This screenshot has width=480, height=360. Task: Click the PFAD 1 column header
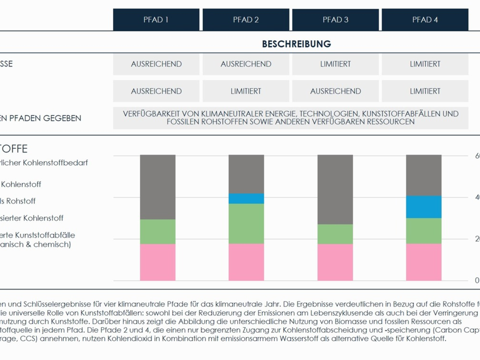tap(156, 20)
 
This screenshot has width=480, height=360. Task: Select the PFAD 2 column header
tap(246, 20)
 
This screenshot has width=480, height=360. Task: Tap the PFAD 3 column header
tap(335, 20)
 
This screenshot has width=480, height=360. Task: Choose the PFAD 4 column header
tap(425, 20)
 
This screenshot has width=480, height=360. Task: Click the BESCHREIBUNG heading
tap(296, 44)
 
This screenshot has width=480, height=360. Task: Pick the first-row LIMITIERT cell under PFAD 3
tap(335, 64)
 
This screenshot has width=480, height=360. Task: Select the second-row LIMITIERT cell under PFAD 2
tap(246, 91)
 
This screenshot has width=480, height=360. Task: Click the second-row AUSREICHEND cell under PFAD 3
tap(335, 91)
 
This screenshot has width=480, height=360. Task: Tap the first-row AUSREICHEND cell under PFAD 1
tap(156, 64)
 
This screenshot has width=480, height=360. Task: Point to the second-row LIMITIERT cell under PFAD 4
tap(425, 91)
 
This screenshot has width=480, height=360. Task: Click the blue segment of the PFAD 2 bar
tap(246, 198)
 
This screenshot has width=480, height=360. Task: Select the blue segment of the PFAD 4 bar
tap(424, 207)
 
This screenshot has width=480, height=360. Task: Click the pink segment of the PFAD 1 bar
tap(158, 262)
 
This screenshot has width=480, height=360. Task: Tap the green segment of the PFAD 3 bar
tap(335, 234)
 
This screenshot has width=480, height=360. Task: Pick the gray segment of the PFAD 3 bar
tap(335, 189)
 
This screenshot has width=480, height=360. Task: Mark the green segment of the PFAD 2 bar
tap(246, 224)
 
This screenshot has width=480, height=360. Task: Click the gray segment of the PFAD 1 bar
tap(158, 187)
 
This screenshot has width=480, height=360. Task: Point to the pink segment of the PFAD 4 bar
tap(424, 262)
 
